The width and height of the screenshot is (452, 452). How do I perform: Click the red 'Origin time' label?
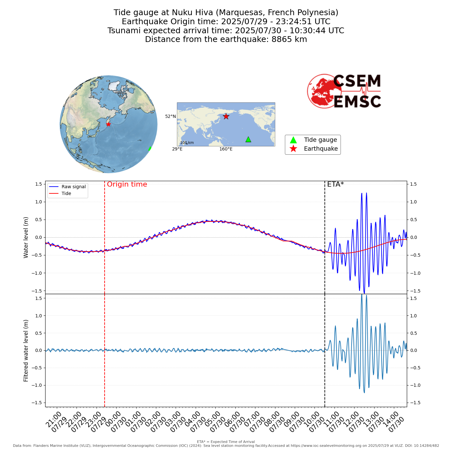[x=127, y=184]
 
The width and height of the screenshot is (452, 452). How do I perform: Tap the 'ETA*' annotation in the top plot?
[x=335, y=184]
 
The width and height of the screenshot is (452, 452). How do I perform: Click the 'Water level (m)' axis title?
[x=26, y=237]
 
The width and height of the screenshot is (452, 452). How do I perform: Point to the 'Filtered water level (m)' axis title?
[x=26, y=350]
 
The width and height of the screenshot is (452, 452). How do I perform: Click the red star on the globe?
[x=108, y=124]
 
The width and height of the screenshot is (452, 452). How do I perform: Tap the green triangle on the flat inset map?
[x=248, y=139]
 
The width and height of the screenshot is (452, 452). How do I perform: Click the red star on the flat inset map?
[x=226, y=116]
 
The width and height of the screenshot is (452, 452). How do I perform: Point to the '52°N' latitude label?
[x=170, y=117]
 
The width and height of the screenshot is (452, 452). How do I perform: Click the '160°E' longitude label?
[x=226, y=149]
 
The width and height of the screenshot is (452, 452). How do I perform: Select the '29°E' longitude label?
[x=177, y=149]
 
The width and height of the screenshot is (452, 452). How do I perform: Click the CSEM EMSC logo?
[x=344, y=91]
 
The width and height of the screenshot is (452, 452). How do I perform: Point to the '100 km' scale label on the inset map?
[x=187, y=143]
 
